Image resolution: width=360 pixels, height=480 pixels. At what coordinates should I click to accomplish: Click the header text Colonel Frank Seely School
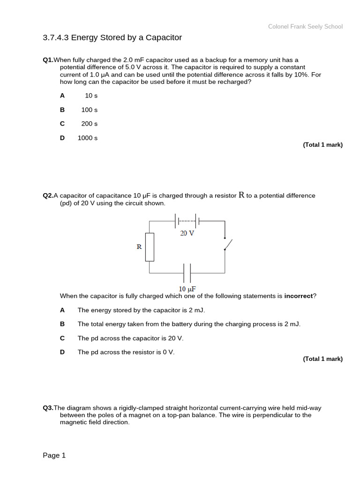305,27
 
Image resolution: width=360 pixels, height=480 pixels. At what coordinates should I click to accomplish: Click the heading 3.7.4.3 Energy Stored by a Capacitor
112,37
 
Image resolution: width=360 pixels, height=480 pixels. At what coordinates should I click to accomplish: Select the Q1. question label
48,60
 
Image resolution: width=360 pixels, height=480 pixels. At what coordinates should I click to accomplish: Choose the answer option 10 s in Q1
91,96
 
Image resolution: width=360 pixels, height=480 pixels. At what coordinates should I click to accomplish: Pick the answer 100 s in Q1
89,110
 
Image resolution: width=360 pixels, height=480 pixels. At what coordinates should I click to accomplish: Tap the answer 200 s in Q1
89,124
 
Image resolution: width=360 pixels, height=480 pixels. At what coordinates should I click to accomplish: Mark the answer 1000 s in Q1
87,138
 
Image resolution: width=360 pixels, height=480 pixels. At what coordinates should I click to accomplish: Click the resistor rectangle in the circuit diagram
150,247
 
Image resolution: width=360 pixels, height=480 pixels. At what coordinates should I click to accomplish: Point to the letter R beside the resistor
139,247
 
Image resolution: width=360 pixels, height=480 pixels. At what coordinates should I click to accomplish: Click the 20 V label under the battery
187,233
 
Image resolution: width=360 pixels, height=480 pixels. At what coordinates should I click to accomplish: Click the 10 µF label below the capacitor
187,289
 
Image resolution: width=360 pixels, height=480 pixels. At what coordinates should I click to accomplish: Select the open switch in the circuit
227,244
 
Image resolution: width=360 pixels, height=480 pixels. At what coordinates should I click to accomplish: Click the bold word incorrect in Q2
298,296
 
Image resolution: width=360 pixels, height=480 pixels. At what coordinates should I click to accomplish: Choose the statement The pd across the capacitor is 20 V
130,338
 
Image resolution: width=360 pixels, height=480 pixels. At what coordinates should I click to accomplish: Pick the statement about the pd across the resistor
126,352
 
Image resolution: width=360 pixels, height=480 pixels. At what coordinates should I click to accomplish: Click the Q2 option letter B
62,324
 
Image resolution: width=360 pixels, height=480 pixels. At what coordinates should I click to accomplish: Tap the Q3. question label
48,408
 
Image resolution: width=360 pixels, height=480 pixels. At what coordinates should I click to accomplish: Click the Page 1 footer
54,455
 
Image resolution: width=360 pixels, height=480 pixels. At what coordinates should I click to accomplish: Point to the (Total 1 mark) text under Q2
322,359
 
